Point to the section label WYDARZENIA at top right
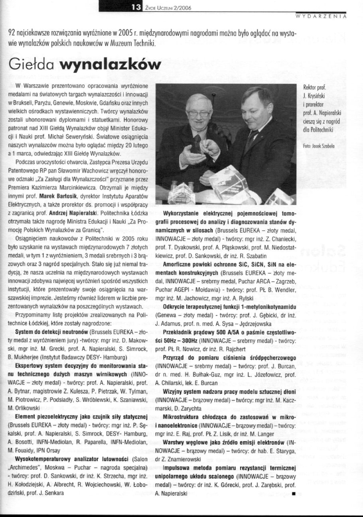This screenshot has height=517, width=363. [320, 17]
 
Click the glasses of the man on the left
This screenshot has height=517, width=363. [199, 113]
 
